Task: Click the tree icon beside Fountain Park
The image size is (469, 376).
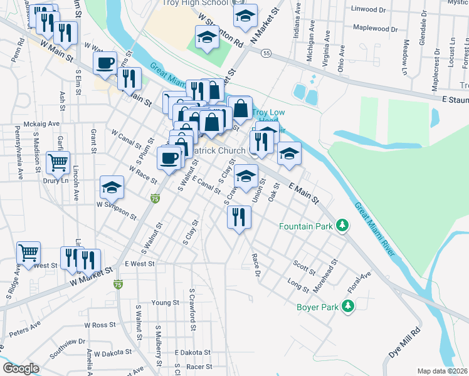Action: point(342,225)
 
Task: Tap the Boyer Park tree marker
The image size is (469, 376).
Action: point(345,306)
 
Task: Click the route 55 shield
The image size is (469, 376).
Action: point(267,54)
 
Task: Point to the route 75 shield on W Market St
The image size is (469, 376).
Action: point(118,285)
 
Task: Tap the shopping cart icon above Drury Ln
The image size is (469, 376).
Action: point(58,162)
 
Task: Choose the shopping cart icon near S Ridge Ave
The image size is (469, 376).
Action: point(29,253)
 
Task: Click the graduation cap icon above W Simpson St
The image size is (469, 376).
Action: point(112,187)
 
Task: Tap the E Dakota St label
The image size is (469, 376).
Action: point(193,353)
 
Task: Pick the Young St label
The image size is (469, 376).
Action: point(166,303)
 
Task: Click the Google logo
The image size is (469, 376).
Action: point(21,369)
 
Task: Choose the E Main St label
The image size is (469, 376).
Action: point(303,191)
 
